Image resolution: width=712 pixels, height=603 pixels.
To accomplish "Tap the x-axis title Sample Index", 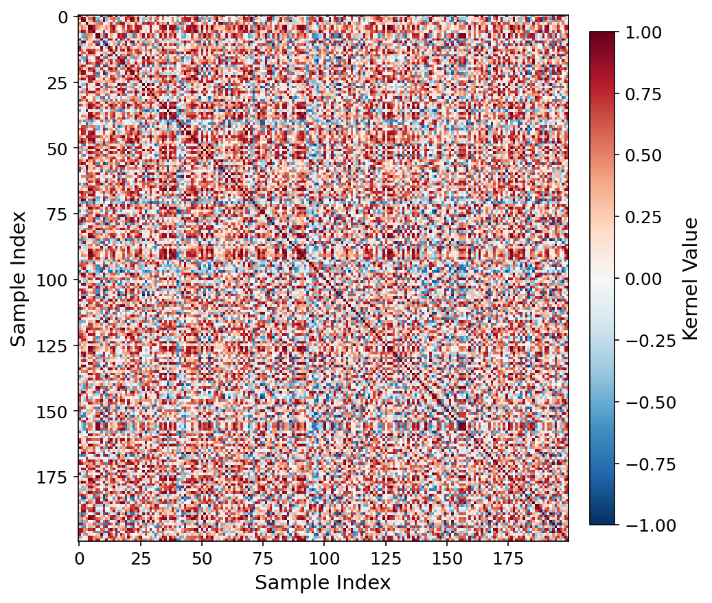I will [323, 583].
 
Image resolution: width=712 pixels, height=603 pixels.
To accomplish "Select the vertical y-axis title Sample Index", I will [19, 278].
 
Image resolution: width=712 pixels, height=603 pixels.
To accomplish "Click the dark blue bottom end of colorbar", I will [602, 521].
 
